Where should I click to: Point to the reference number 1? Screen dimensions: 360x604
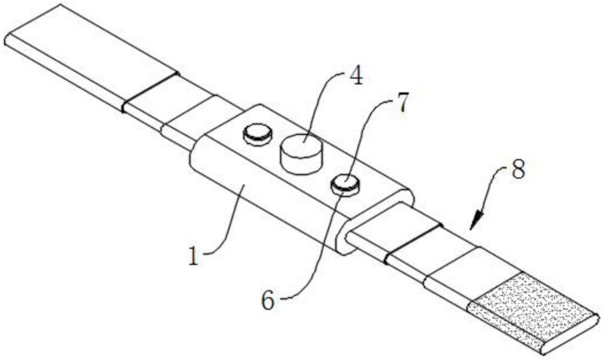tap(193, 256)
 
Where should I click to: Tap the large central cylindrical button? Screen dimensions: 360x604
tap(301, 153)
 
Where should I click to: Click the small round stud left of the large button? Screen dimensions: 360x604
tap(258, 133)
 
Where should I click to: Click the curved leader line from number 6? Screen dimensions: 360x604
tap(314, 254)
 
